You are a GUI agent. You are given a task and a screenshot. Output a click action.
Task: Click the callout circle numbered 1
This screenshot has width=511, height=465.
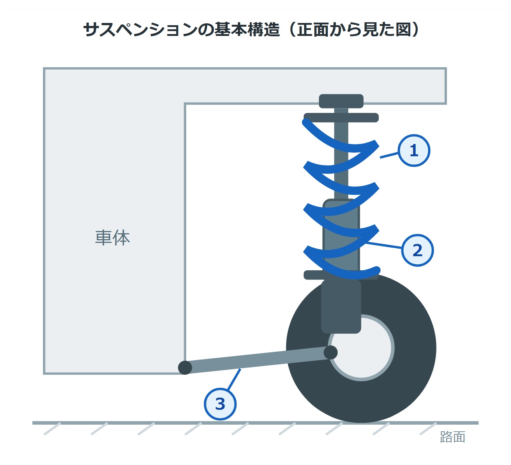[x=414, y=150]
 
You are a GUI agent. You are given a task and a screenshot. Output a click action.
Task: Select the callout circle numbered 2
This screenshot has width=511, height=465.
[x=417, y=250]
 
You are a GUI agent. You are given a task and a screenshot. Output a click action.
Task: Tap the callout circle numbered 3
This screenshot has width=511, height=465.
[x=220, y=404]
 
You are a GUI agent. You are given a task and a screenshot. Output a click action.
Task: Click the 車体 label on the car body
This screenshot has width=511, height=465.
[x=112, y=238]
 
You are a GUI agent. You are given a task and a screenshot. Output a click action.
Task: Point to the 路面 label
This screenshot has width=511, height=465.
[x=452, y=437]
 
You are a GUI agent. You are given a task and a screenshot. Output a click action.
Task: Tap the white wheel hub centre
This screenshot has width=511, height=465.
[x=361, y=348]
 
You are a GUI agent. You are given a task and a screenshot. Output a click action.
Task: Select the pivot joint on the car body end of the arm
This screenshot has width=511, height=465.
[x=185, y=368]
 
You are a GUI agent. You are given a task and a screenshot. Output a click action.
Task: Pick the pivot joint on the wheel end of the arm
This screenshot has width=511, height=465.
[x=331, y=352]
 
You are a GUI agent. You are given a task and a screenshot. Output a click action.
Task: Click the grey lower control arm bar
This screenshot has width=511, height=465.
[x=258, y=360]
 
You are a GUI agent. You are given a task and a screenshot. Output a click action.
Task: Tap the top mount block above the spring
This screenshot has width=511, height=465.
[x=341, y=101]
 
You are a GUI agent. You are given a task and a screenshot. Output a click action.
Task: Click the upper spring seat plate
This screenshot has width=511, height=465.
[x=341, y=118]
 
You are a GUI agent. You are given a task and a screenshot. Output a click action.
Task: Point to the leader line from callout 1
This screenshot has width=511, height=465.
[x=389, y=155]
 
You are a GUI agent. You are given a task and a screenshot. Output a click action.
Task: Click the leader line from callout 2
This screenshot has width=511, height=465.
[x=383, y=245]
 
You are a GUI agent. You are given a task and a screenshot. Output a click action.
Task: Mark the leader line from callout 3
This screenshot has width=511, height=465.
[x=234, y=379]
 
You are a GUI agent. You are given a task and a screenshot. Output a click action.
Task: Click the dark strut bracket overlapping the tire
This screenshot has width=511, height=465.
[x=341, y=307]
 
